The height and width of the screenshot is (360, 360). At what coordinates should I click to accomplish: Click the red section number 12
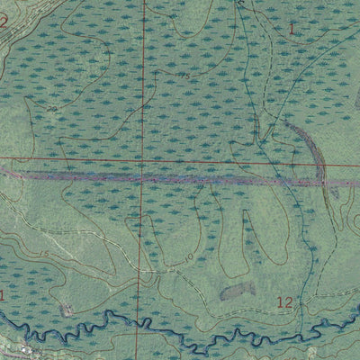(284, 303)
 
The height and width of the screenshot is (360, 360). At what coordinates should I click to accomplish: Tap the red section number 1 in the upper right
(291, 29)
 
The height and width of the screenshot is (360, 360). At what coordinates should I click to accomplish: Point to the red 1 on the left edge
(3, 294)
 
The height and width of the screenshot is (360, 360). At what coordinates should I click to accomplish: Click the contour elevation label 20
(51, 110)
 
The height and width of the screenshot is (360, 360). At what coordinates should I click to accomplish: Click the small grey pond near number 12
(236, 291)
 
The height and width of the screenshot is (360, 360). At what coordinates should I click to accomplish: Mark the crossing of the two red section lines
(142, 164)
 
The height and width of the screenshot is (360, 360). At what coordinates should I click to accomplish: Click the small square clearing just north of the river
(66, 310)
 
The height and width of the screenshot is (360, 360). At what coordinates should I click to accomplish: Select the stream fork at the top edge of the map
(240, 4)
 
